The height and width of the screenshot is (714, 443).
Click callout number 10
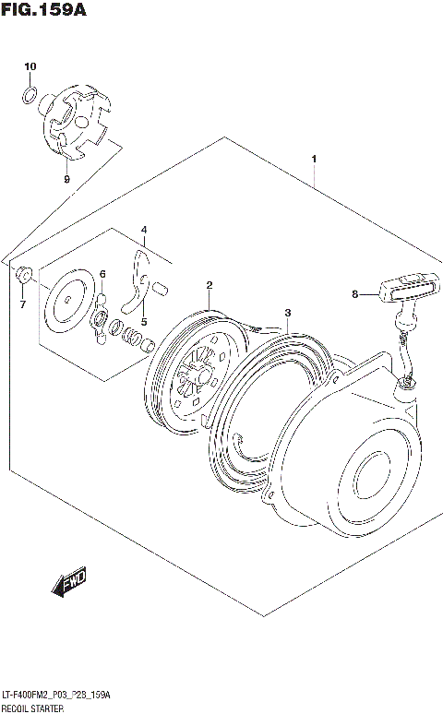coord(30,67)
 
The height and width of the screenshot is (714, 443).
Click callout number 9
coord(66,179)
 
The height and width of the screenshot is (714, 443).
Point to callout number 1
coord(315,159)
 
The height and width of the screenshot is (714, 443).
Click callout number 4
coord(144,229)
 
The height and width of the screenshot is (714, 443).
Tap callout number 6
coord(103,273)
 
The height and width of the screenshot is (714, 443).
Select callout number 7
coord(23,303)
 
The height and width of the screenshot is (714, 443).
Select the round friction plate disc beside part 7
coord(71,301)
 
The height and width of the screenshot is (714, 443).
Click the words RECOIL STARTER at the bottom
coord(32,706)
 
